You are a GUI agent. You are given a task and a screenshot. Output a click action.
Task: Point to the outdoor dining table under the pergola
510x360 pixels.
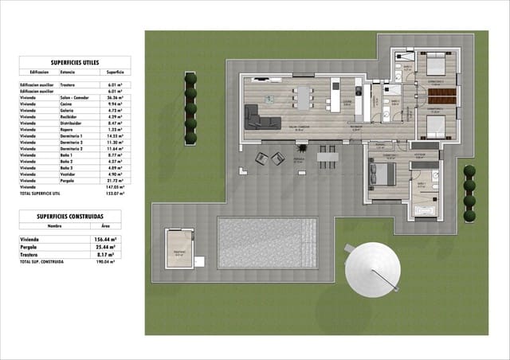[x=324, y=157]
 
